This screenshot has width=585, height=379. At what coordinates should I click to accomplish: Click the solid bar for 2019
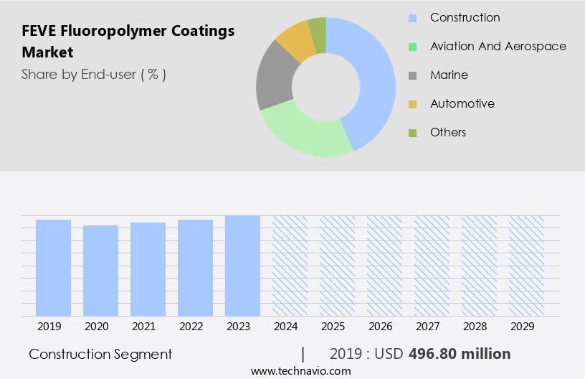[x=53, y=267]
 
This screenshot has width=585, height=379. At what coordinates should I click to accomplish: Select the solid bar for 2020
[x=100, y=270]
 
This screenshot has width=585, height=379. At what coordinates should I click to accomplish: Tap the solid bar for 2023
[x=242, y=265]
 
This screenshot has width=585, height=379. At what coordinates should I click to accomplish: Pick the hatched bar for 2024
[x=290, y=265]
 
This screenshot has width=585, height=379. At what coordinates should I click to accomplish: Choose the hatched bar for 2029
[x=526, y=265]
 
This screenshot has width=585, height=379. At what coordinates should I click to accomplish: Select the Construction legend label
[x=465, y=17]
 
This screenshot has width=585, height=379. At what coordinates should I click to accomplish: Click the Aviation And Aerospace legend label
[x=498, y=46]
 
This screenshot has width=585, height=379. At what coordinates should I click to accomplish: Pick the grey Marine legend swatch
[x=412, y=75]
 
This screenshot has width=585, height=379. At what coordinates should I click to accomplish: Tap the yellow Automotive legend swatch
[x=412, y=104]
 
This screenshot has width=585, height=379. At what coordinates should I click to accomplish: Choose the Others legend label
[x=447, y=132]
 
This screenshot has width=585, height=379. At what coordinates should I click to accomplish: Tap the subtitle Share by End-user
[x=93, y=74]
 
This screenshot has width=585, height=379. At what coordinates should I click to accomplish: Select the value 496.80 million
[x=460, y=354]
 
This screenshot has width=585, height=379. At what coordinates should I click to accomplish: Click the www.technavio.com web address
[x=301, y=370]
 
